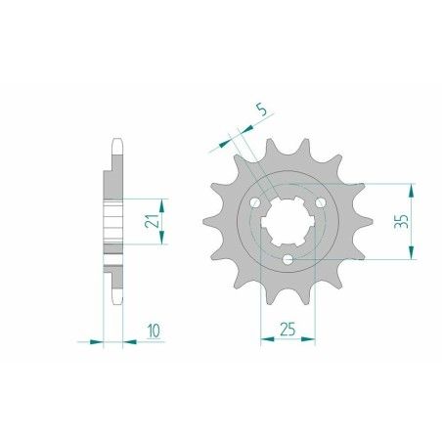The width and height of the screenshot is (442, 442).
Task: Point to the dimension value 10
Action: click(155, 332)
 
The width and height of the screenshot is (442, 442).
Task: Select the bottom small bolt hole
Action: click(286, 259)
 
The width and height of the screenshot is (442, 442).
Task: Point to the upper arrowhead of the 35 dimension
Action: click(411, 187)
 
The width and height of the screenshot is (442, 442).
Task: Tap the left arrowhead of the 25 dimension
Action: click(264, 341)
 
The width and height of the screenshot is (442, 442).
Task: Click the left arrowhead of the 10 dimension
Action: click(98, 341)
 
